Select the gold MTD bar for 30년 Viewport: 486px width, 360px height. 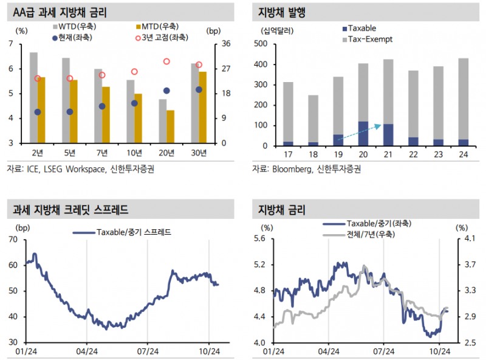[203, 107]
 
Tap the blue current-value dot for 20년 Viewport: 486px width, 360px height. [166, 91]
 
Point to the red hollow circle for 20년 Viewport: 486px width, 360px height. [166, 61]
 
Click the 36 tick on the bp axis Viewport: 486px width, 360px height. [225, 44]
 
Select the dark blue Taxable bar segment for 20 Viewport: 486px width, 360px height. [363, 134]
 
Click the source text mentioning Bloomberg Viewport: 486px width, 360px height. [307, 169]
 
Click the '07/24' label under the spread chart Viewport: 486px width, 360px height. [148, 351]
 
